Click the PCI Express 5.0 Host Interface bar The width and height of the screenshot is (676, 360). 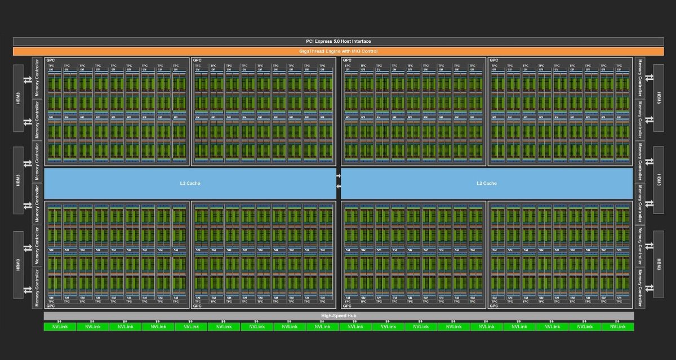coord(338,41)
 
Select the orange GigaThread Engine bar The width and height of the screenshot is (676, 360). coord(338,51)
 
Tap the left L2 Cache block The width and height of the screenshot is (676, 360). coord(190,183)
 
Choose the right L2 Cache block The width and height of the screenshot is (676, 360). coord(487,183)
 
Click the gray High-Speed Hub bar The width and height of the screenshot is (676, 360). coord(339,315)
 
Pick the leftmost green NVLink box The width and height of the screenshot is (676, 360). coord(60,327)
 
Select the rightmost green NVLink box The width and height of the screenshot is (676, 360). coord(617,327)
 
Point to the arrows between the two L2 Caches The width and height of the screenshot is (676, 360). coord(339,180)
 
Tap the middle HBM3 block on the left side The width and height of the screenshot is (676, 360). coord(19,180)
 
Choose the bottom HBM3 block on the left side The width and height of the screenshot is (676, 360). coord(19,264)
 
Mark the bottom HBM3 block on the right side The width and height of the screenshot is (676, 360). coord(657,264)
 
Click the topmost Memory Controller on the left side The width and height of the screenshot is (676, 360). coord(37,77)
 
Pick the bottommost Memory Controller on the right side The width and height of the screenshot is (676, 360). coord(639,288)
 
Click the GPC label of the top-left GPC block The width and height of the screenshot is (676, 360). coord(51,60)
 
